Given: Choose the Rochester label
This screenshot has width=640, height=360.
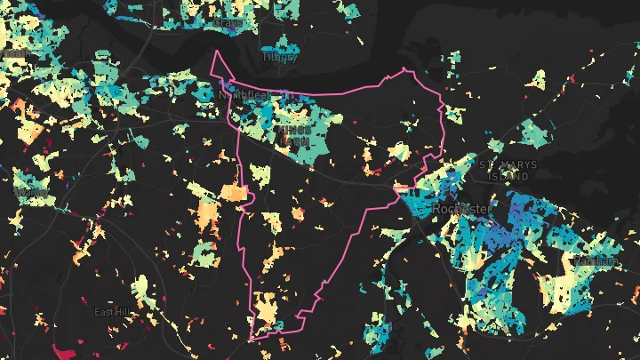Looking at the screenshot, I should tap(460, 208).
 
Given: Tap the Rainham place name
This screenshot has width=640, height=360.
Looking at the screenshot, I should tap(593, 261).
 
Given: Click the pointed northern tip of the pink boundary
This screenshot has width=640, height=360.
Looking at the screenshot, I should tap(214, 52).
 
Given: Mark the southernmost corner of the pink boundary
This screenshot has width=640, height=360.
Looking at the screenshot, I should tap(252, 340).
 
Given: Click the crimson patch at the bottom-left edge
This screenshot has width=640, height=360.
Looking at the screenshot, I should tap(62, 352).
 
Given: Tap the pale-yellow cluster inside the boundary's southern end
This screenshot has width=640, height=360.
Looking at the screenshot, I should tap(267, 311).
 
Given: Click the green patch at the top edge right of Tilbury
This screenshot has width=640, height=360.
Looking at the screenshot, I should tap(349, 11).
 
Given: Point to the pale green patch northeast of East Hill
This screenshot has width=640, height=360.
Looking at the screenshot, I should tap(140, 287).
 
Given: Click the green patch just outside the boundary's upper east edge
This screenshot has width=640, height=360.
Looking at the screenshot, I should tap(454, 114).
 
